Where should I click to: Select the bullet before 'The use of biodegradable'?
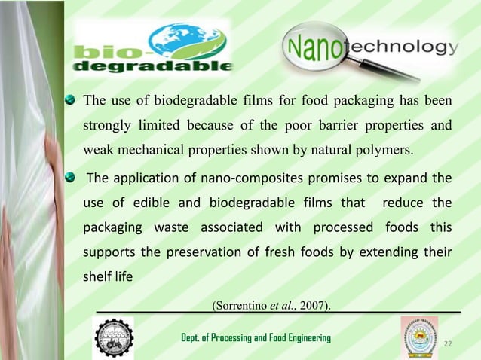coord(71,99)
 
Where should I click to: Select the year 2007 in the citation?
coord(312,304)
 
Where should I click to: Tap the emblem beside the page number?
coord(418,337)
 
